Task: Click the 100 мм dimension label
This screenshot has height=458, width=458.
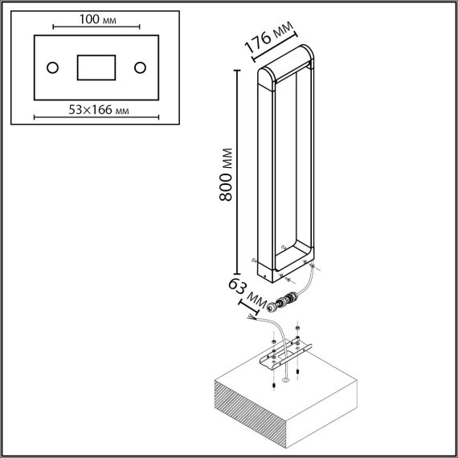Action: click(x=97, y=19)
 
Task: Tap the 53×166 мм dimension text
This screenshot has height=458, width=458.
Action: click(x=99, y=110)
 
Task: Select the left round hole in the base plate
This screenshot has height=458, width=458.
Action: click(x=52, y=67)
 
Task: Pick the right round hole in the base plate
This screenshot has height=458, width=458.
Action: click(x=140, y=67)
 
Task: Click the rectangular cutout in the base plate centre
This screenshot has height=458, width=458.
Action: click(x=96, y=67)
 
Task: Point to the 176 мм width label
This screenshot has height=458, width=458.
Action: click(x=268, y=37)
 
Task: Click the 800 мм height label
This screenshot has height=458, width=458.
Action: click(x=226, y=174)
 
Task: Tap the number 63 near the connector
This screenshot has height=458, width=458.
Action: click(x=237, y=286)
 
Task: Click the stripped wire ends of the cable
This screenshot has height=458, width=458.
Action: click(x=252, y=318)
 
